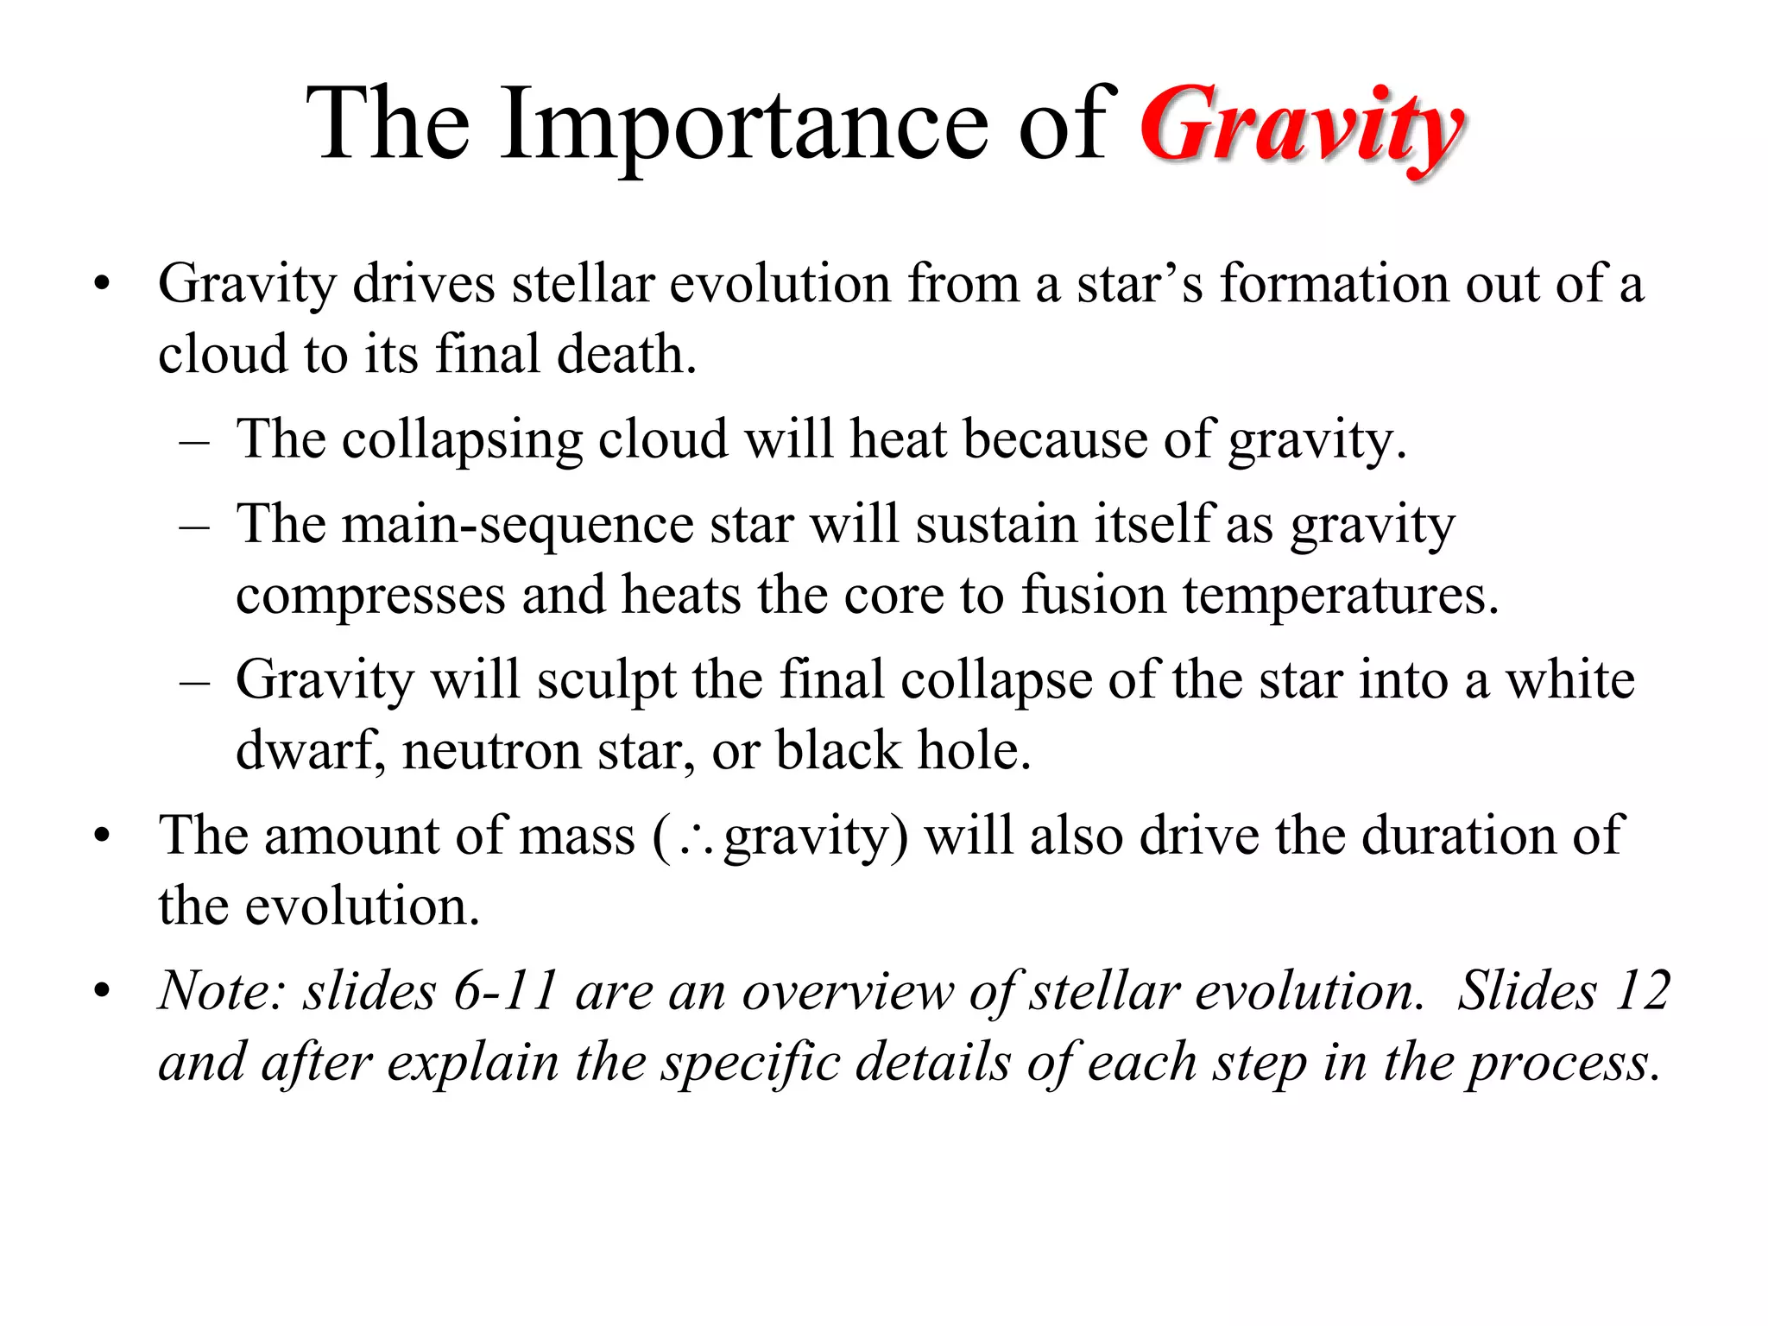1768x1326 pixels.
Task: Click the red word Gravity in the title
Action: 1301,128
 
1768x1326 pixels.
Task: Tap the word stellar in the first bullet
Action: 582,284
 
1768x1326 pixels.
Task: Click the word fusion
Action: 1093,596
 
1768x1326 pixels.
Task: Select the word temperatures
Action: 1340,597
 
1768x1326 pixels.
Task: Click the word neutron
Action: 491,751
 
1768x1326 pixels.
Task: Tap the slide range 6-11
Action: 505,991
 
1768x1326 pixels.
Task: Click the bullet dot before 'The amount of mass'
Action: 103,836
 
